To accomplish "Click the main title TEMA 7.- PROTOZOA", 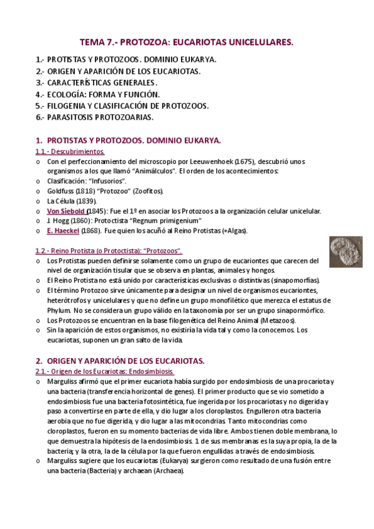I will pos(187,42).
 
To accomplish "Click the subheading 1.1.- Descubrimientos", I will pos(70,152).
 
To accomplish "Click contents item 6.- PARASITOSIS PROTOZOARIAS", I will pos(94,117).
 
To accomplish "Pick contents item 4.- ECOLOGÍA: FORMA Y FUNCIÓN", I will pos(98,94).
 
